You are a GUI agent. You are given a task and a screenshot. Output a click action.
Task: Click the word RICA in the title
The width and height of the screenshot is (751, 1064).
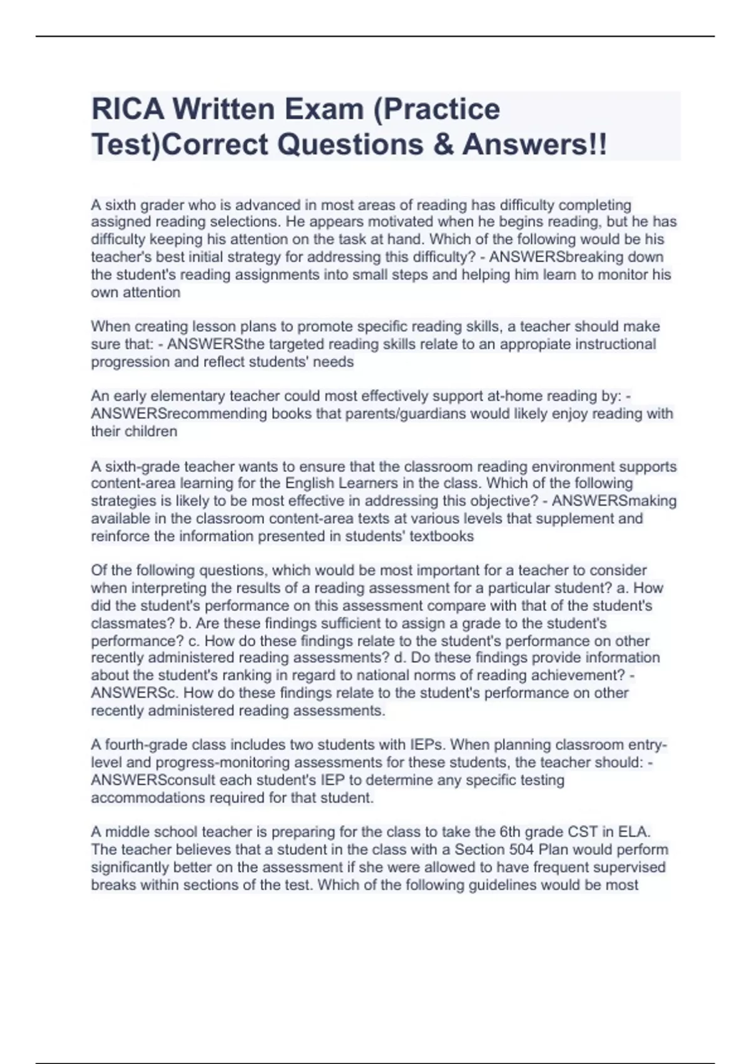tap(128, 109)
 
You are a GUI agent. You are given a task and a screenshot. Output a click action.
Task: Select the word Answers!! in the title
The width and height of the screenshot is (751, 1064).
tap(534, 145)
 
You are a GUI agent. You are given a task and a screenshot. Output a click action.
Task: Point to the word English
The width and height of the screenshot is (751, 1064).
tap(310, 483)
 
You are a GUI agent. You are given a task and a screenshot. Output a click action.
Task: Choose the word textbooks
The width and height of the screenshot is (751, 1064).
tap(441, 536)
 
